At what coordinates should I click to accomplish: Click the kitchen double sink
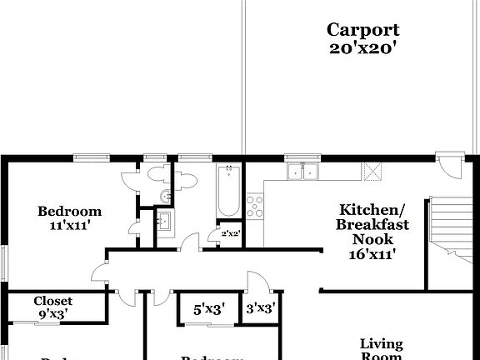coord(302,172)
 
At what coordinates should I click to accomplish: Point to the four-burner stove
coord(254,204)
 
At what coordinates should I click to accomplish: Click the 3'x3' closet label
coord(260,308)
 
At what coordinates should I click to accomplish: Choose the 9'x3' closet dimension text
coord(52,314)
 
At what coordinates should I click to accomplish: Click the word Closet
coord(52,301)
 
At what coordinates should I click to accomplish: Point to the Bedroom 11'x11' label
coord(70,217)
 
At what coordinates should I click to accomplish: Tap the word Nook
coord(372,239)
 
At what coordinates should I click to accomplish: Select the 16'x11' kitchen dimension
coord(372,254)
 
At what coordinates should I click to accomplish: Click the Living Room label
coord(381,349)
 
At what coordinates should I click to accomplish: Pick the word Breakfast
coord(372,225)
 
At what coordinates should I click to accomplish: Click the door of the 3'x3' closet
coord(252,282)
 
